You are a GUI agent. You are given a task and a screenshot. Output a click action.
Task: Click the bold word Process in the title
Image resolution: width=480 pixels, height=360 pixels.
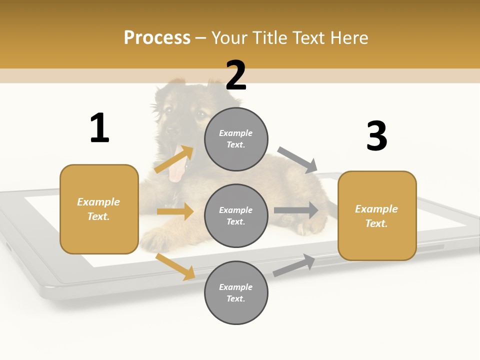point(157,37)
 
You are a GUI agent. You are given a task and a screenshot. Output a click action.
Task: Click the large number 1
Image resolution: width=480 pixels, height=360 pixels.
point(99,128)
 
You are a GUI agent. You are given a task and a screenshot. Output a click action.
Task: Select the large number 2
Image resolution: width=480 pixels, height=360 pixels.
point(236,76)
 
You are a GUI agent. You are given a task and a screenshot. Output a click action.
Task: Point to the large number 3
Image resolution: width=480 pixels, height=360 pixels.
point(376,136)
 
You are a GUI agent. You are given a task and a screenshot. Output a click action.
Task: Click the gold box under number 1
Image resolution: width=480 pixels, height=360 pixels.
point(99,209)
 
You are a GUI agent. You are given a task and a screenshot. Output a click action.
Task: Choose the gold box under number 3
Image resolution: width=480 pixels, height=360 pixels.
point(377,216)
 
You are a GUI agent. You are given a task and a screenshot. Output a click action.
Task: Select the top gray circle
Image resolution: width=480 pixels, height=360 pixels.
point(236,139)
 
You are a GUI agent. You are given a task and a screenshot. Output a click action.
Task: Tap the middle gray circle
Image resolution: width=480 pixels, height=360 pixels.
point(236,216)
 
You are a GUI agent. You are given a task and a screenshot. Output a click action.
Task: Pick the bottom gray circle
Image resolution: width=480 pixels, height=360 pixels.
point(236,293)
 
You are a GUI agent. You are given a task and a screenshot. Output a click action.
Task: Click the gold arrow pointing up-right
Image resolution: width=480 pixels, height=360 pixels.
point(174,159)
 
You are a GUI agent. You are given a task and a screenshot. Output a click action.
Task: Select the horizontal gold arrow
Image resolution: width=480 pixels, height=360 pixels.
point(175,211)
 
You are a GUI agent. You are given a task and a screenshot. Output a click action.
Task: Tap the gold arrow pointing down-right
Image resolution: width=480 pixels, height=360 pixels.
point(175,267)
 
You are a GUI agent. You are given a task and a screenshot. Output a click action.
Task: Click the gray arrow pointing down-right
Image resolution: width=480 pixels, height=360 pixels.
point(298,159)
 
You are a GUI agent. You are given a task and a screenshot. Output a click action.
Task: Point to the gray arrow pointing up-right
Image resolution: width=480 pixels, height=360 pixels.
point(294,265)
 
